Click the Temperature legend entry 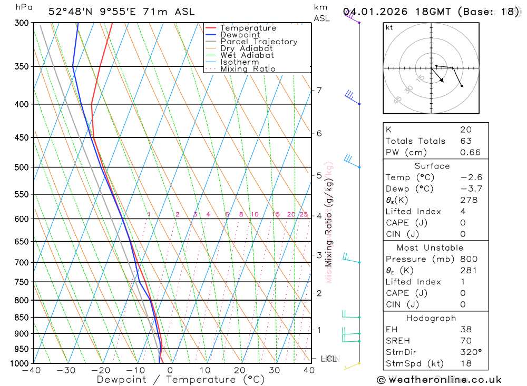(248, 28)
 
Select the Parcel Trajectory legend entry (258, 42)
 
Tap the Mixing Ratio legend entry (248, 69)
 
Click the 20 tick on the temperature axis (240, 370)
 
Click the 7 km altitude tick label (319, 90)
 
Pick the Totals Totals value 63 (465, 141)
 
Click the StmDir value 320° (471, 352)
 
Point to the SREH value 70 (465, 341)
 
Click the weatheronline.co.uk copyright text (440, 380)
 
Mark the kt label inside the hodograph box (389, 27)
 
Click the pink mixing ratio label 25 (304, 214)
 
